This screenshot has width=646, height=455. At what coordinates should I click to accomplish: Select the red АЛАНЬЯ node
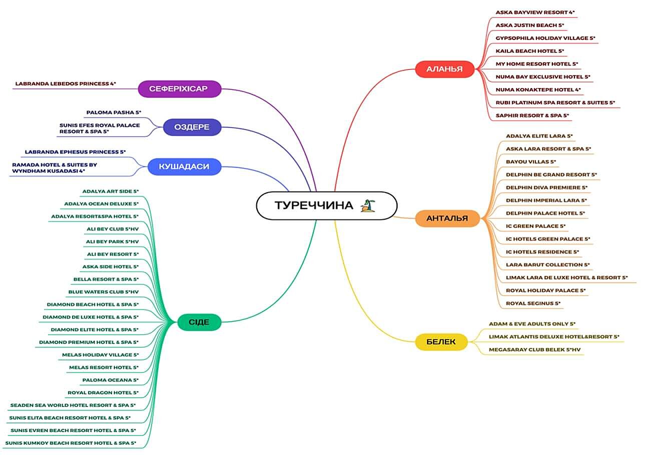click(x=444, y=69)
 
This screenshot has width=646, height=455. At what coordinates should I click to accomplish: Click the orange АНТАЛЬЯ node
click(x=447, y=218)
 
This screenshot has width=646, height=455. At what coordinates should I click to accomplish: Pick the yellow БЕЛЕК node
click(x=441, y=342)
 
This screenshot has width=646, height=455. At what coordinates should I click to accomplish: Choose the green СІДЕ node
click(x=199, y=322)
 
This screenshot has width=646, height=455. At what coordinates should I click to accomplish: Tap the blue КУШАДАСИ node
click(x=184, y=167)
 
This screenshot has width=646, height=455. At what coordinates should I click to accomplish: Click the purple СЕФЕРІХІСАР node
click(x=178, y=89)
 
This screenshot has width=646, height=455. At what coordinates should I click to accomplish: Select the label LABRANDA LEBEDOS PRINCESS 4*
click(x=66, y=83)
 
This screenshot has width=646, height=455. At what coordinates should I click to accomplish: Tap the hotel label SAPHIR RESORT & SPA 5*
click(x=532, y=115)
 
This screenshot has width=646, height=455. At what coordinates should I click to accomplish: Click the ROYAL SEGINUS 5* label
click(x=533, y=303)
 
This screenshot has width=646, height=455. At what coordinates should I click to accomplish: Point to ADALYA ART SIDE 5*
click(x=110, y=191)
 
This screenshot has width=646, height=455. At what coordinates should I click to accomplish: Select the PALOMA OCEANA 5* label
click(x=110, y=380)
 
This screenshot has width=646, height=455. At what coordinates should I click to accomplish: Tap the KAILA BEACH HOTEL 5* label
click(x=529, y=51)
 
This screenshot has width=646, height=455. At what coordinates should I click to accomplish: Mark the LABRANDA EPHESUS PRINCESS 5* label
click(x=75, y=151)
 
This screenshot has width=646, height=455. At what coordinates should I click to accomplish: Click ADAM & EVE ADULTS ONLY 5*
click(x=532, y=323)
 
